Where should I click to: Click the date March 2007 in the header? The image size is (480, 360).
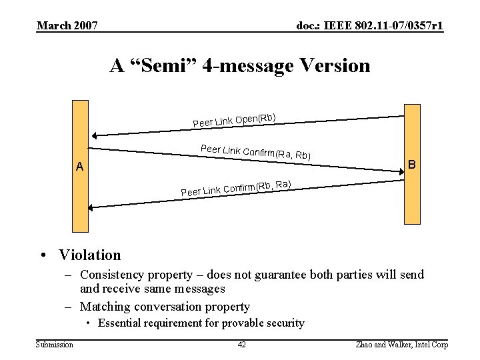click(x=67, y=26)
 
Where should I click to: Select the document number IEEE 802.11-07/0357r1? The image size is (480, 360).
click(x=370, y=26)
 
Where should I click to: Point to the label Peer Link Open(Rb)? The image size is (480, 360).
click(x=235, y=120)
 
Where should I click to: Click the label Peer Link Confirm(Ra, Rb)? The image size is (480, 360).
click(x=255, y=152)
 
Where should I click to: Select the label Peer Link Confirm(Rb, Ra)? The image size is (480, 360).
click(x=236, y=188)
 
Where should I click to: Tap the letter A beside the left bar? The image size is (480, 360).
click(x=79, y=167)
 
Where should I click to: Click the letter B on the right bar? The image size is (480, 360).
click(x=412, y=164)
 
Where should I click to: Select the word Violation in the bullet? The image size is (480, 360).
click(x=90, y=255)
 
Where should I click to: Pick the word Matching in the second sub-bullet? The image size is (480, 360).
click(x=105, y=307)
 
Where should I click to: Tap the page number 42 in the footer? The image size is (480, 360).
click(x=242, y=344)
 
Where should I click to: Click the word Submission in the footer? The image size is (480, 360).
click(x=55, y=344)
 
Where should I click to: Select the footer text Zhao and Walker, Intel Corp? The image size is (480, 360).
click(x=403, y=344)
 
